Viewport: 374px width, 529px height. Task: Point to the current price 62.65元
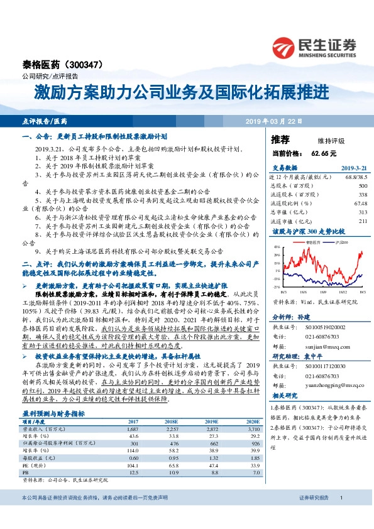tap(323, 153)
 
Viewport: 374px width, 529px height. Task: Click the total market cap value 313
tap(361, 212)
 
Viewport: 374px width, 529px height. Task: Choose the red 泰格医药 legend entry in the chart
tap(313, 241)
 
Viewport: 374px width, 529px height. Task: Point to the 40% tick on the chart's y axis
tap(277, 248)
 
